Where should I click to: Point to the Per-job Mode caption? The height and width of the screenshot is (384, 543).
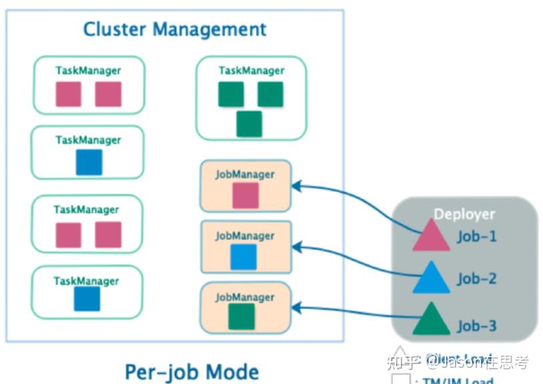pyautogui.click(x=192, y=371)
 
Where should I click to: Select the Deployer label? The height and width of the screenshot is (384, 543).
pyautogui.click(x=464, y=214)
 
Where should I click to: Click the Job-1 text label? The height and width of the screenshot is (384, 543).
pyautogui.click(x=477, y=236)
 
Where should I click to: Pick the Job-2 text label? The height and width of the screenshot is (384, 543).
pyautogui.click(x=477, y=278)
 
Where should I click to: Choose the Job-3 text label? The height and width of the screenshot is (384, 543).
pyautogui.click(x=477, y=326)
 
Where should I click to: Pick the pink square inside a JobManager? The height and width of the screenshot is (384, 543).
pyautogui.click(x=245, y=195)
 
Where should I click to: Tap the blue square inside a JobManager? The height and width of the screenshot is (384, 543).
pyautogui.click(x=244, y=256)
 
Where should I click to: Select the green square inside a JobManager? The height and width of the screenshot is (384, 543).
pyautogui.click(x=242, y=317)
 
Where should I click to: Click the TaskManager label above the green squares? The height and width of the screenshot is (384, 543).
pyautogui.click(x=251, y=70)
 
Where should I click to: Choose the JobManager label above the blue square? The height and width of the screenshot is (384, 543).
pyautogui.click(x=244, y=236)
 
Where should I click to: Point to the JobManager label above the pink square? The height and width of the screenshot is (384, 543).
pyautogui.click(x=244, y=174)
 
